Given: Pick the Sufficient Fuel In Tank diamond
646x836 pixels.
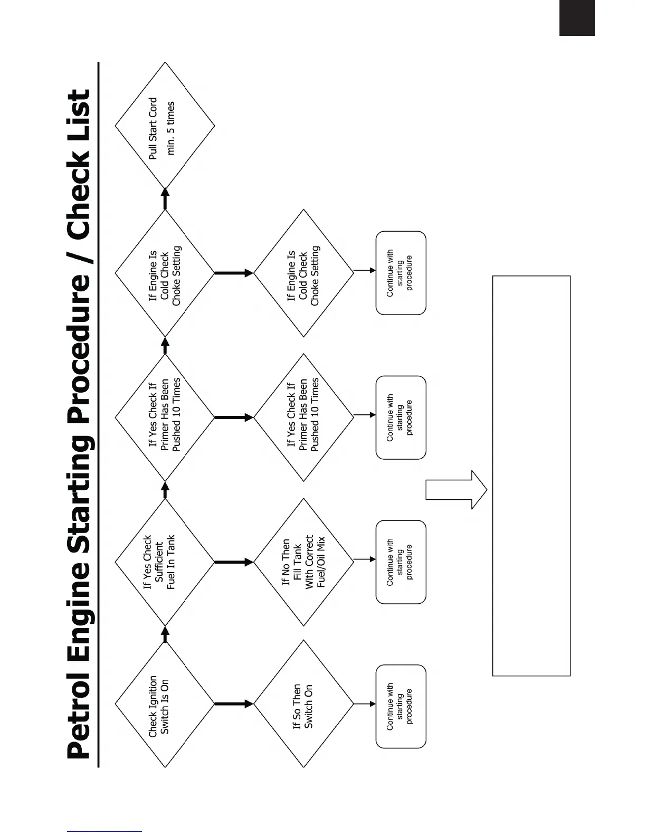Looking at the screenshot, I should point(165,563).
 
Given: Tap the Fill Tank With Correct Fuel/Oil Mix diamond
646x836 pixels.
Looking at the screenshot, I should point(303,562).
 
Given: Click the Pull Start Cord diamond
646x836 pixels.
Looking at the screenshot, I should point(165,126).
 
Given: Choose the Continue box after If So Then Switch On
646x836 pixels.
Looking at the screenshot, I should point(401,706).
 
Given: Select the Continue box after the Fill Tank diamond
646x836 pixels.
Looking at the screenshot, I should point(401,562).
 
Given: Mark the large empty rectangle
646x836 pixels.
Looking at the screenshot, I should point(531,475).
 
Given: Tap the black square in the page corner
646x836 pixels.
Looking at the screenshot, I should point(577,18).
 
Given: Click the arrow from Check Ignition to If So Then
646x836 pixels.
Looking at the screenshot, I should point(234,704).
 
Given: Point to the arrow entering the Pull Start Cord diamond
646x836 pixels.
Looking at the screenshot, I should point(165,198).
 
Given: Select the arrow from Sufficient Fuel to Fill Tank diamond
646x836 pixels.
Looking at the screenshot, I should point(234,562).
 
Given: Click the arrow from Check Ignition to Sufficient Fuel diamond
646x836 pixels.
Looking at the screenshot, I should point(165,634).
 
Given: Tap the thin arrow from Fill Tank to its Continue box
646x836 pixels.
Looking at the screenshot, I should point(365,559).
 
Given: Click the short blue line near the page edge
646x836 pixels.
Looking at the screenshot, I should point(104,832).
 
